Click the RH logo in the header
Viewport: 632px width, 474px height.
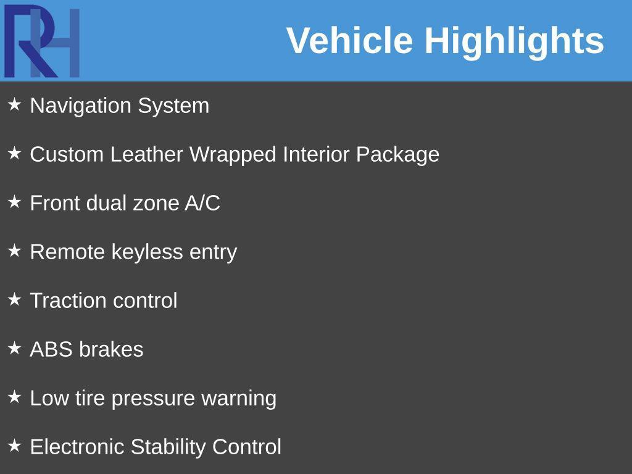pyautogui.click(x=42, y=41)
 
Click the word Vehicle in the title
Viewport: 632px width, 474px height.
pyautogui.click(x=349, y=41)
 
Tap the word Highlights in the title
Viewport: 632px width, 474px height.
pyautogui.click(x=514, y=41)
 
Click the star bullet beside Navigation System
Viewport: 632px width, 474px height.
pyautogui.click(x=14, y=104)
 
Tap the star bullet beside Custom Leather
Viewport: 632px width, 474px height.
pyautogui.click(x=14, y=153)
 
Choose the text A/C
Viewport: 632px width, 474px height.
pyautogui.click(x=202, y=203)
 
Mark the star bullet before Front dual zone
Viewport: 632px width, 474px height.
pyautogui.click(x=14, y=202)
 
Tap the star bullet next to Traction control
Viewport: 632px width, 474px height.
pyautogui.click(x=14, y=299)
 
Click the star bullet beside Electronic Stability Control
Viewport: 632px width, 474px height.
pyautogui.click(x=14, y=446)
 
